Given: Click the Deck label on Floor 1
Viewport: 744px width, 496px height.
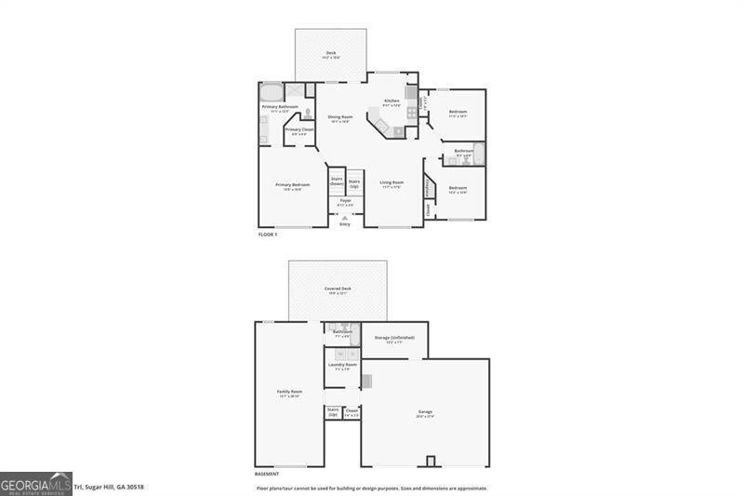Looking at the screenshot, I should point(331,53).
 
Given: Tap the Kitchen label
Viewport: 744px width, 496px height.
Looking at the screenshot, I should point(392,101).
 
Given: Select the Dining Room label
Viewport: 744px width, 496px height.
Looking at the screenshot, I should point(339,117).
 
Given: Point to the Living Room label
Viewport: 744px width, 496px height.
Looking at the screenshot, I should point(391,183).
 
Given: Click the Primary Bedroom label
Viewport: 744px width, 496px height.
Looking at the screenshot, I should point(292,185).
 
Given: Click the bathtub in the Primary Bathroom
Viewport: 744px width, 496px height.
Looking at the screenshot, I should point(271,92).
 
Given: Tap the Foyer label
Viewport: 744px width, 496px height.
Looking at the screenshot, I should point(345,201).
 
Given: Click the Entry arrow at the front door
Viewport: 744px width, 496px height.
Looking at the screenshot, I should point(345,218).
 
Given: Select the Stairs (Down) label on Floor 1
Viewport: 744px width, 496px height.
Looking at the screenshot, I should point(337,181).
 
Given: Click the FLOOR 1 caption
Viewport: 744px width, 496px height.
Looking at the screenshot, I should point(268,235).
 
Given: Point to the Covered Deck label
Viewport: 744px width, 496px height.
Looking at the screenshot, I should point(338,289).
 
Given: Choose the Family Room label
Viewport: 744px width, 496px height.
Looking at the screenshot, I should point(289,392).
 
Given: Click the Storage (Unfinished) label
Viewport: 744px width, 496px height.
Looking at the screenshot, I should point(394,338).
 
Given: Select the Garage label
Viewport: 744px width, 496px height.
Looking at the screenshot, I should point(425,411).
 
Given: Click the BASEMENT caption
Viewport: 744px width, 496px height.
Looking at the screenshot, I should point(267,474).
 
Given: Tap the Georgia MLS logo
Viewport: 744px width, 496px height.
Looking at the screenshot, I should point(35,484).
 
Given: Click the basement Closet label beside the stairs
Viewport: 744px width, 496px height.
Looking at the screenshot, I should point(352,410).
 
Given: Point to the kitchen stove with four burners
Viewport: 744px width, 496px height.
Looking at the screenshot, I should point(411,113).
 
